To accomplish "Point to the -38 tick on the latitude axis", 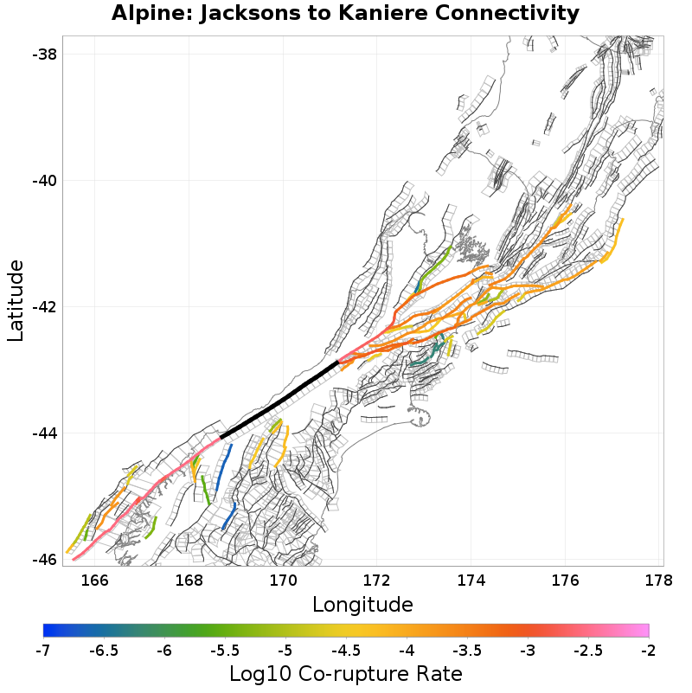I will pos(44,55).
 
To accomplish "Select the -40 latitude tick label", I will pos(44,181).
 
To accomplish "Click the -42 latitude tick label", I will pos(44,307).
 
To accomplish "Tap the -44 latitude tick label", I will pos(44,433).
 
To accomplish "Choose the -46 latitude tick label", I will pos(44,559).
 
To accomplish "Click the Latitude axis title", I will pos(16,300).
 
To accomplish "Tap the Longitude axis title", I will pos(362,603).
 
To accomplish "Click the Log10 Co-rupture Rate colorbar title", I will pos(346,673).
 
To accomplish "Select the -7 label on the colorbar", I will pos(43,650).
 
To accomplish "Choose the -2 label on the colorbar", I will pos(649,650).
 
